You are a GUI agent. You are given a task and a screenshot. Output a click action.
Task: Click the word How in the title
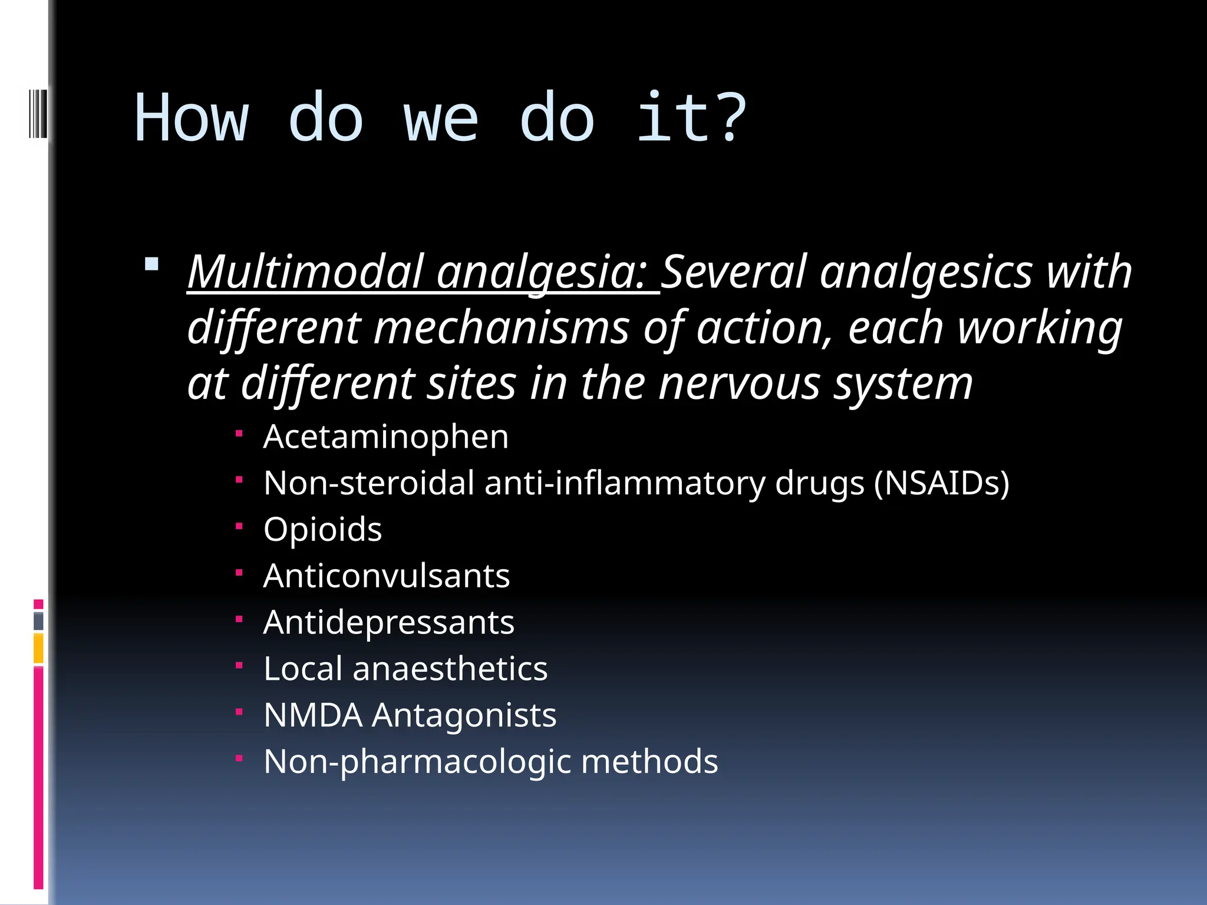(x=192, y=118)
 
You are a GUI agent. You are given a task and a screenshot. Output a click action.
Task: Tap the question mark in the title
(x=733, y=118)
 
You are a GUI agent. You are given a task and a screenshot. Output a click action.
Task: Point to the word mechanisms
(x=502, y=328)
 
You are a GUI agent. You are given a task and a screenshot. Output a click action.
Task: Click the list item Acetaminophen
(x=385, y=437)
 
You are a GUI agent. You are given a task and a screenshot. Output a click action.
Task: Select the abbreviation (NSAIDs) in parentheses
(x=941, y=484)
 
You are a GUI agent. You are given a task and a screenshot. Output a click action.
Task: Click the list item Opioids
(x=322, y=530)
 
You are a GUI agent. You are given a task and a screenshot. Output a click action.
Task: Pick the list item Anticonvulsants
(x=386, y=576)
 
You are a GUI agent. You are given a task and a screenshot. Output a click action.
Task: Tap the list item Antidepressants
(x=388, y=623)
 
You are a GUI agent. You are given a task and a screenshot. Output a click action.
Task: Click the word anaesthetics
(x=450, y=669)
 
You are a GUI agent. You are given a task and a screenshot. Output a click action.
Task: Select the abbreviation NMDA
(x=312, y=715)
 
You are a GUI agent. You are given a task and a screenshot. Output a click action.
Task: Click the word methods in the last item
(x=649, y=762)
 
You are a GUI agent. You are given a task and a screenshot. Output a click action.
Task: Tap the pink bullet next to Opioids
(x=239, y=526)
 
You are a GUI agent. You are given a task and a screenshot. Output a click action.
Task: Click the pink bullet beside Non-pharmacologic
(x=239, y=758)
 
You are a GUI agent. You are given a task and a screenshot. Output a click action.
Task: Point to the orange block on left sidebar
(x=38, y=648)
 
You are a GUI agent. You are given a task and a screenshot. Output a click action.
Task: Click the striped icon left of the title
(x=38, y=113)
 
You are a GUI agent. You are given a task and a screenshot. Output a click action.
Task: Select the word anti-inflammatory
(x=625, y=484)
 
